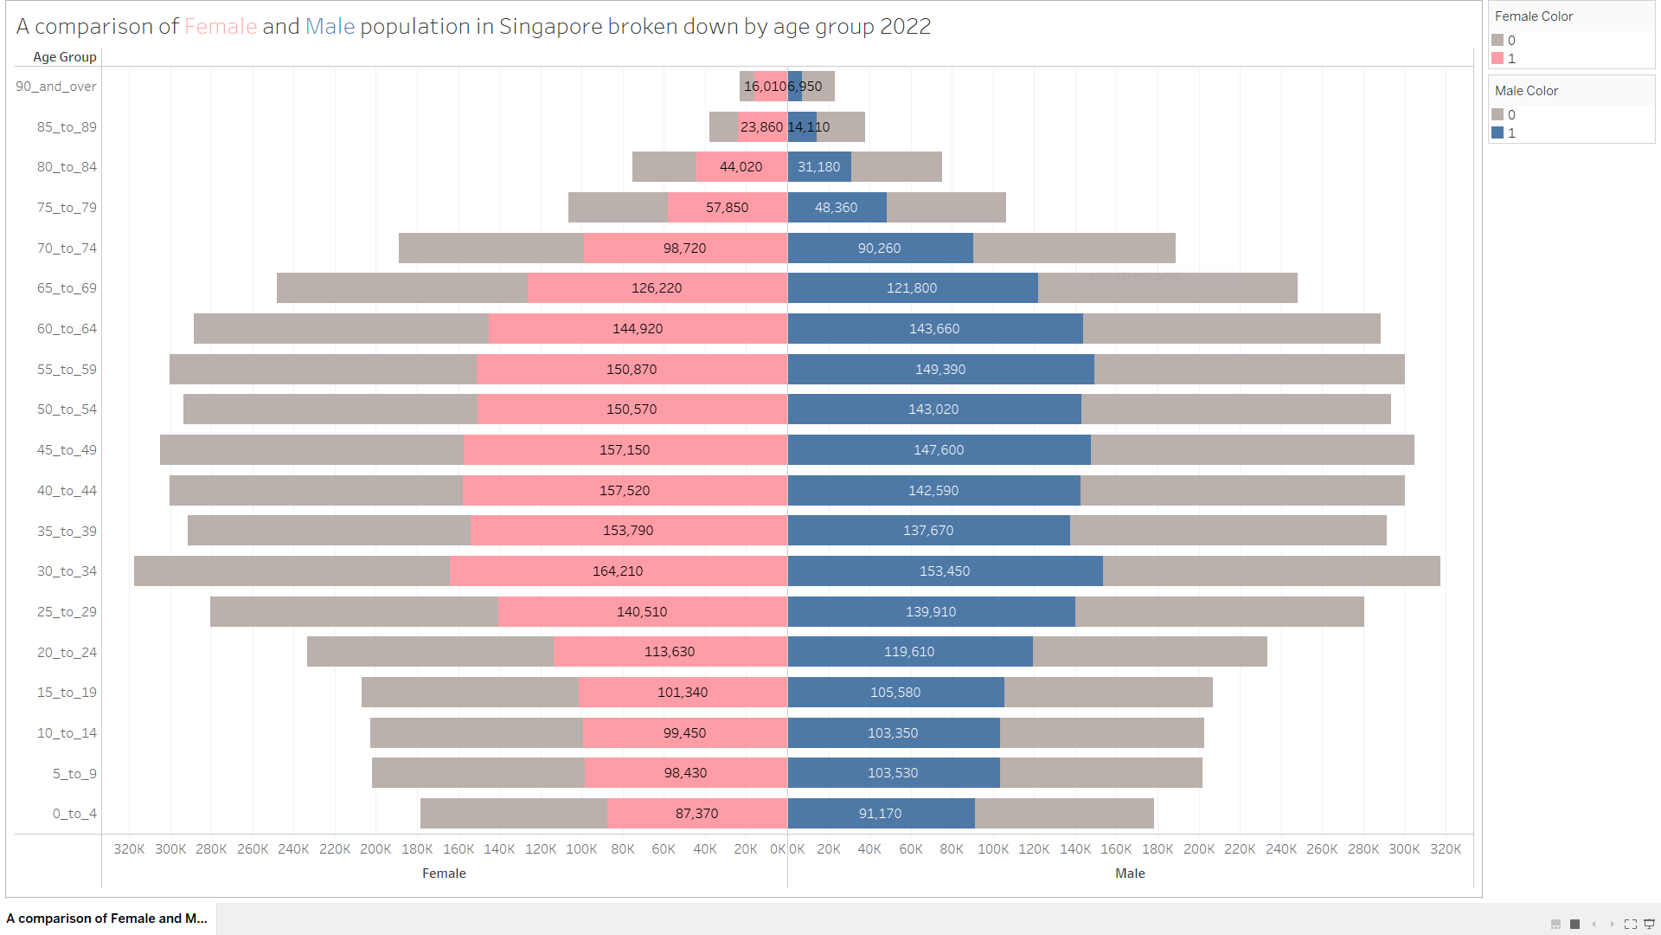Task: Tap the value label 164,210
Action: pyautogui.click(x=618, y=571)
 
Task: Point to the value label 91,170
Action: pyautogui.click(x=880, y=814)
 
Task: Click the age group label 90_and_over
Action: pyautogui.click(x=56, y=87)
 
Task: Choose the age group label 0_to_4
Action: pyautogui.click(x=74, y=814)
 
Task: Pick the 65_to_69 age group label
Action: pyautogui.click(x=67, y=288)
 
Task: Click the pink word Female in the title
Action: pyautogui.click(x=221, y=27)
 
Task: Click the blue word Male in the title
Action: pyautogui.click(x=330, y=27)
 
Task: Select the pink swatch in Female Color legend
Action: pyautogui.click(x=1497, y=58)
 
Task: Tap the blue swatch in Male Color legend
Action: pyautogui.click(x=1497, y=132)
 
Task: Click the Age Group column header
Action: pyautogui.click(x=65, y=57)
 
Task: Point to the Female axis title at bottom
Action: pyautogui.click(x=444, y=874)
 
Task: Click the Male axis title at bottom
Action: pyautogui.click(x=1130, y=874)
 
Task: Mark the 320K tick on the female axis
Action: pyautogui.click(x=129, y=849)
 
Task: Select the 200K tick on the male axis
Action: pyautogui.click(x=1198, y=849)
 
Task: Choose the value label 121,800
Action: pyautogui.click(x=912, y=288)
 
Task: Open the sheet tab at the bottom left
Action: pyautogui.click(x=107, y=919)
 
